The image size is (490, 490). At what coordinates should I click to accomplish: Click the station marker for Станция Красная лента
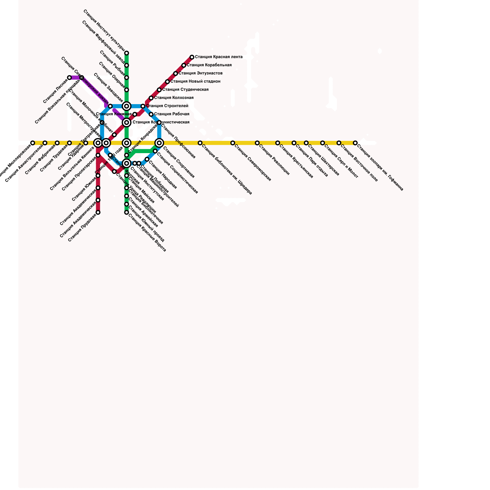[192, 57]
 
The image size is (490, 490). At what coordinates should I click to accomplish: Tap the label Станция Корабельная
[209, 65]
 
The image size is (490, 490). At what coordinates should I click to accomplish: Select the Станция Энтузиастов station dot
[175, 73]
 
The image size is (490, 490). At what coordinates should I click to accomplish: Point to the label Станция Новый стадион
[195, 81]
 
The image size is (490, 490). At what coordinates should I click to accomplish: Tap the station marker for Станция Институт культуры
[126, 53]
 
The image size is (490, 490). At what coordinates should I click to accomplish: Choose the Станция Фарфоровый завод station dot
[126, 66]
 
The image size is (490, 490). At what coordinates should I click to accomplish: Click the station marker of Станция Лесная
[70, 78]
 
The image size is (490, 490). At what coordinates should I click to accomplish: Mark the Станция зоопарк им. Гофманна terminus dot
[355, 143]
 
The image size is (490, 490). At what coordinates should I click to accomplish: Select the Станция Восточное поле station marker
[339, 143]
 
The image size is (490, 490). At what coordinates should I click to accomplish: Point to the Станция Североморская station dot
[233, 143]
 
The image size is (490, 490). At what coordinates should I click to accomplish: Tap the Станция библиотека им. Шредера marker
[200, 143]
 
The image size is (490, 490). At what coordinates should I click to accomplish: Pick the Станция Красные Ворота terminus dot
[126, 213]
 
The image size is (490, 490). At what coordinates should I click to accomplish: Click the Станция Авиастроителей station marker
[45, 143]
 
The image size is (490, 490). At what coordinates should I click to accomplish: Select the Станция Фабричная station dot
[57, 143]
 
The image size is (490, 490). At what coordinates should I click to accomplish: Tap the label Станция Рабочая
[171, 114]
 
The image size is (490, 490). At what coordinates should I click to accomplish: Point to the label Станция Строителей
[167, 106]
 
